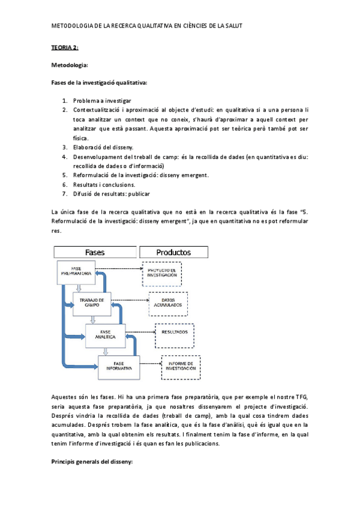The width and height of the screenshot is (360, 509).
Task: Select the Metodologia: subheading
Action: click(x=70, y=64)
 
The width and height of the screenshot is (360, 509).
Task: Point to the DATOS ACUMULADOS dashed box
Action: click(x=169, y=304)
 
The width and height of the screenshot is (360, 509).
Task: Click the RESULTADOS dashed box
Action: click(x=178, y=332)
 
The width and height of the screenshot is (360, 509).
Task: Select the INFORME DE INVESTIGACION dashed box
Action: click(x=181, y=367)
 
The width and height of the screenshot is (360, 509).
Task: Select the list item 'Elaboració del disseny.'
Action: click(x=104, y=147)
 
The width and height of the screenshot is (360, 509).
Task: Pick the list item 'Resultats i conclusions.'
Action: click(x=104, y=184)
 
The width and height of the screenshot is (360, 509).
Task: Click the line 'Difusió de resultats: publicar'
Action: click(x=112, y=194)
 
